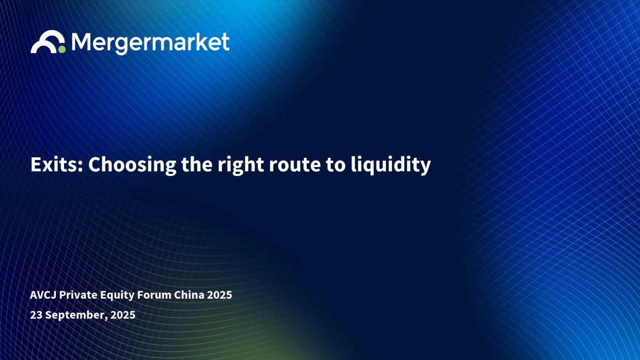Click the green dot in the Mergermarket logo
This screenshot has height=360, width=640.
coord(62,50)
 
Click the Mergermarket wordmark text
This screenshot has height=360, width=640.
coord(150,43)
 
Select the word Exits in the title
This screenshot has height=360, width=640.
coord(55,164)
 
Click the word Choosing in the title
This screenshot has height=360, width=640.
coord(132,166)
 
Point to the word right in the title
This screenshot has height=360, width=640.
coord(241,166)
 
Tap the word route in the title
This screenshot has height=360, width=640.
coord(294,165)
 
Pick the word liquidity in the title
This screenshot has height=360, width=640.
coord(390,166)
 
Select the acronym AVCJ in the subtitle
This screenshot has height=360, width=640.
coord(43,295)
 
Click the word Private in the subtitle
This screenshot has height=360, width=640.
coord(78,295)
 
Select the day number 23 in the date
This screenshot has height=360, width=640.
coord(36,315)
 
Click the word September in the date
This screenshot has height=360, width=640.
coord(75,315)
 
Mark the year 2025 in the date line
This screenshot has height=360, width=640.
coord(123,315)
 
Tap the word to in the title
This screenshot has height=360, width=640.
coord(335,165)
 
